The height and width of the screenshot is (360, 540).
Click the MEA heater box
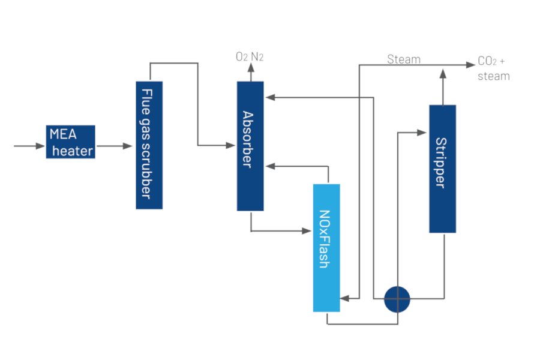70,142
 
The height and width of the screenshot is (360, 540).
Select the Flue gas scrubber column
149,145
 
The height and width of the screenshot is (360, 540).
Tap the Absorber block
250,146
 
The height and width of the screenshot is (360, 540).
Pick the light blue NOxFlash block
326,247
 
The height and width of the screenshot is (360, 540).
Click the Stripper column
442,169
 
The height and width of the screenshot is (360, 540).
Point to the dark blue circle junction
397,298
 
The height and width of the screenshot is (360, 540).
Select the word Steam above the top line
404,59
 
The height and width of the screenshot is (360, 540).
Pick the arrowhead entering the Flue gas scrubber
128,146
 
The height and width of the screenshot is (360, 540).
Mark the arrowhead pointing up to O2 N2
250,68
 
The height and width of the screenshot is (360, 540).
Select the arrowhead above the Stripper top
442,73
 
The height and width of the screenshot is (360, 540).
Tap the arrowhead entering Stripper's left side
422,130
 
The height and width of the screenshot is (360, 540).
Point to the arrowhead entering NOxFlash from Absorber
307,230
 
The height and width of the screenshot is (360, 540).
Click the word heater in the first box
73,150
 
